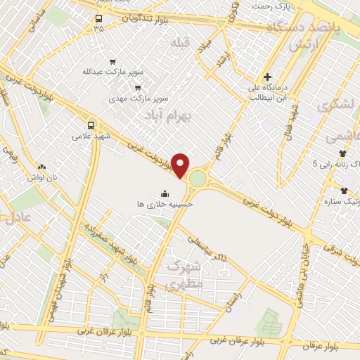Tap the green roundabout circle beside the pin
(198, 179)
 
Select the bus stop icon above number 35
(98, 19)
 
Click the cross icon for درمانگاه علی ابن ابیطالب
(267, 76)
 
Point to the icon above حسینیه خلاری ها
(165, 193)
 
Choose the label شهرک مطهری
(185, 274)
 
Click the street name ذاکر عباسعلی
(217, 248)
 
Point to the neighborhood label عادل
(20, 217)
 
